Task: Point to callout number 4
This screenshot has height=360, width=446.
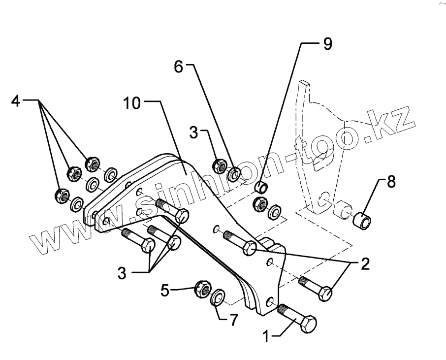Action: coord(16,101)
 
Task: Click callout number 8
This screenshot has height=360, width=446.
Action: coord(390,182)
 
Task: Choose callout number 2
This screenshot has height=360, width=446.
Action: coord(364,264)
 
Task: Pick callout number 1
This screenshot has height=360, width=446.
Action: coord(266,337)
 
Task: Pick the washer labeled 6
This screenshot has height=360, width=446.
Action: coord(235,174)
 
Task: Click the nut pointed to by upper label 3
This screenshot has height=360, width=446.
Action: coord(219,166)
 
